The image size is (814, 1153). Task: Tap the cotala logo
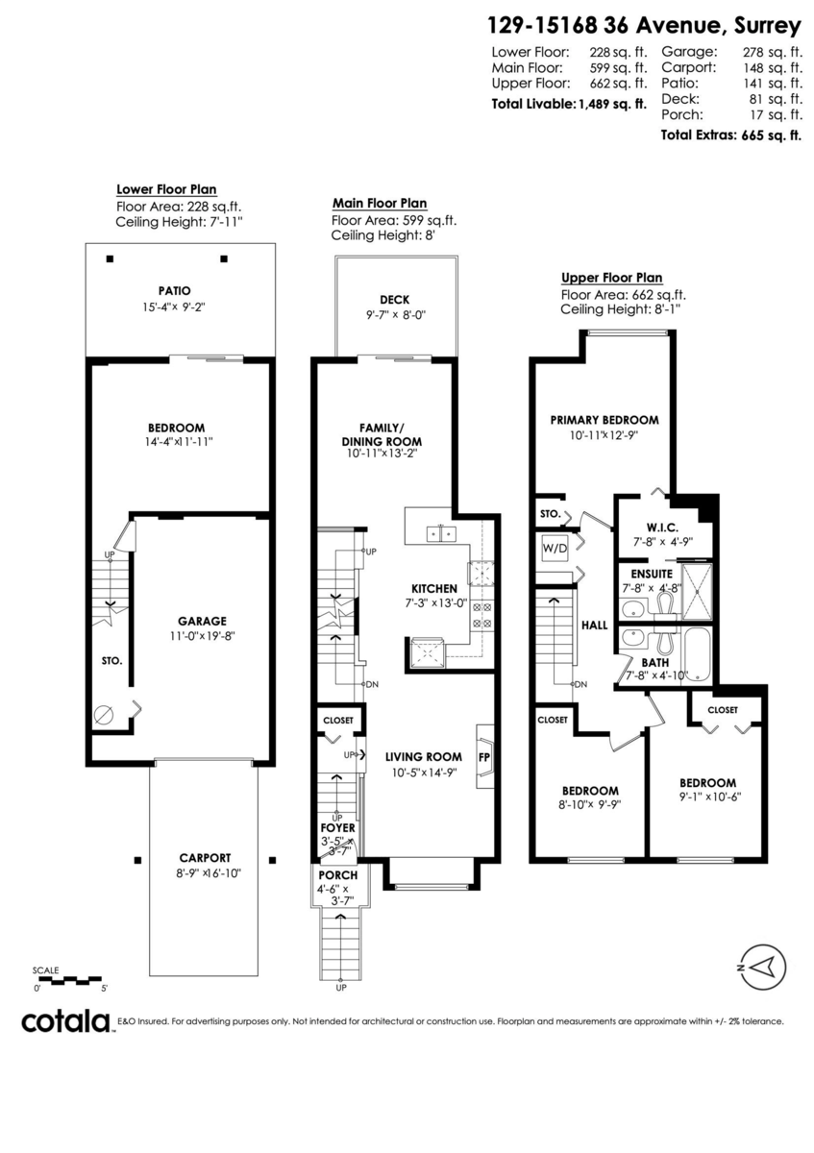pos(65,1021)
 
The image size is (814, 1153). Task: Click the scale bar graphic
pos(70,981)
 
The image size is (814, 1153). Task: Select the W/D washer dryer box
pos(555,549)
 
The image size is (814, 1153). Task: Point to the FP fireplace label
pos(484,756)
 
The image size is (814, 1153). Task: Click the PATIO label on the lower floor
pos(174,290)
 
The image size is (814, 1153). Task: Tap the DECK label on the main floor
pos(395,300)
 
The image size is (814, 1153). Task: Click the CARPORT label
pos(205,858)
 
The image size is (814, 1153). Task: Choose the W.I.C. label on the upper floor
pos(663,527)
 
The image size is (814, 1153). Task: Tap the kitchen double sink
pos(441,532)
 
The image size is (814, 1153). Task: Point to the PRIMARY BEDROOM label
pos(604,420)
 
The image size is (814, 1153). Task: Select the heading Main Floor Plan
pos(380,204)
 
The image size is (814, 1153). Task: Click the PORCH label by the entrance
pos(337,875)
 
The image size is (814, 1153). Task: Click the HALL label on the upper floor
pos(594,625)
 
